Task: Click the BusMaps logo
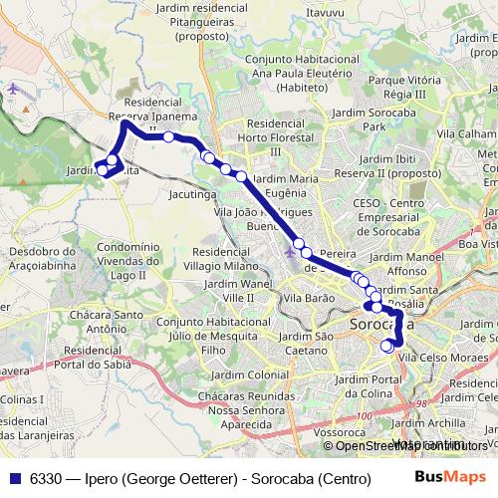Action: tap(450, 477)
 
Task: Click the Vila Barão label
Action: tap(308, 298)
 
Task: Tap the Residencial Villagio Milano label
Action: tap(227, 260)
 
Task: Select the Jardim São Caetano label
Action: tap(308, 344)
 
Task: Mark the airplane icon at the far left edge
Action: tap(12, 88)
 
